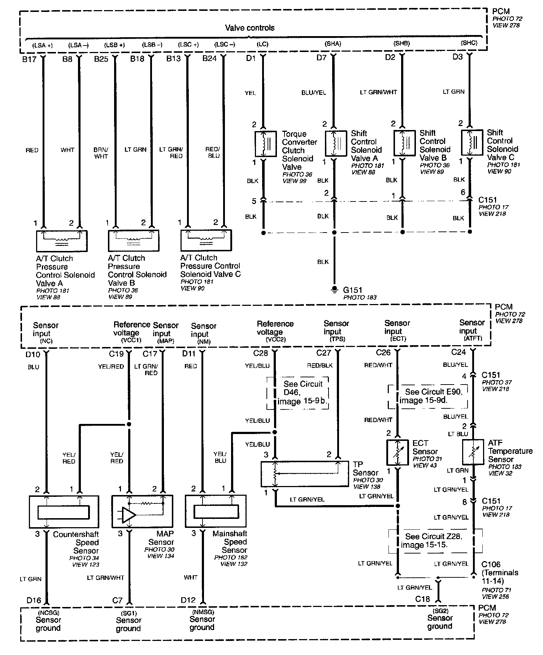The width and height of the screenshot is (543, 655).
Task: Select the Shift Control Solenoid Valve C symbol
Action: [472, 143]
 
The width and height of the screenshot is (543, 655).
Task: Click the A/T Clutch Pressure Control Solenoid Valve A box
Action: [61, 241]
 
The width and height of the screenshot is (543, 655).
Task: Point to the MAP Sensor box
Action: [142, 511]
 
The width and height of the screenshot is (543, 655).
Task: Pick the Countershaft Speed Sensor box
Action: [64, 511]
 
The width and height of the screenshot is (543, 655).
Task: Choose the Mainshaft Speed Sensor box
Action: [216, 511]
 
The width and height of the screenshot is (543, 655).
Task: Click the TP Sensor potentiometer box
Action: [305, 473]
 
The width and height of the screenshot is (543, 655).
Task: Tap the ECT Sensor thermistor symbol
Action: [398, 452]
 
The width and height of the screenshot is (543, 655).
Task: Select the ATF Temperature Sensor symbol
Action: [473, 452]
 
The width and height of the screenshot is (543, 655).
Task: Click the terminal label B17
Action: [29, 59]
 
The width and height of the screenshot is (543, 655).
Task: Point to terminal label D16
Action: [34, 600]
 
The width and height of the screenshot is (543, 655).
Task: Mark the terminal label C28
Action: [261, 353]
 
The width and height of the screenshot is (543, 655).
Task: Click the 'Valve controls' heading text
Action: [249, 28]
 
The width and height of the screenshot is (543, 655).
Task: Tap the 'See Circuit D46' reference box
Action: [298, 393]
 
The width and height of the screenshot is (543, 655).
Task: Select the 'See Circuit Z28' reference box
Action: [435, 540]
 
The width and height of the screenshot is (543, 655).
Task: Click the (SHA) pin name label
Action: [333, 44]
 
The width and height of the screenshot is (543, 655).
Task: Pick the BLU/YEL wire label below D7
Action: [313, 92]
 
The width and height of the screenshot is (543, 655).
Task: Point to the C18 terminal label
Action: [422, 599]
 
